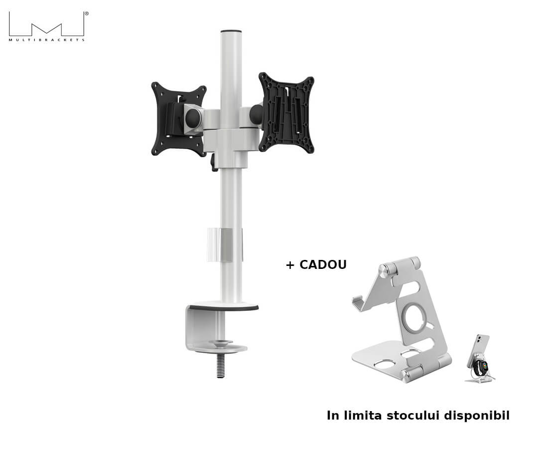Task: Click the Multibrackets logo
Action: click(x=47, y=26)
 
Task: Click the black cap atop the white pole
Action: click(x=231, y=31)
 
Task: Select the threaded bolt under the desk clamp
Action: click(x=221, y=366)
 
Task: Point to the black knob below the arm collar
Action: click(x=214, y=163)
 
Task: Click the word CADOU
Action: click(x=323, y=264)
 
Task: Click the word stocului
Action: click(x=413, y=415)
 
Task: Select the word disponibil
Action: click(x=477, y=416)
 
